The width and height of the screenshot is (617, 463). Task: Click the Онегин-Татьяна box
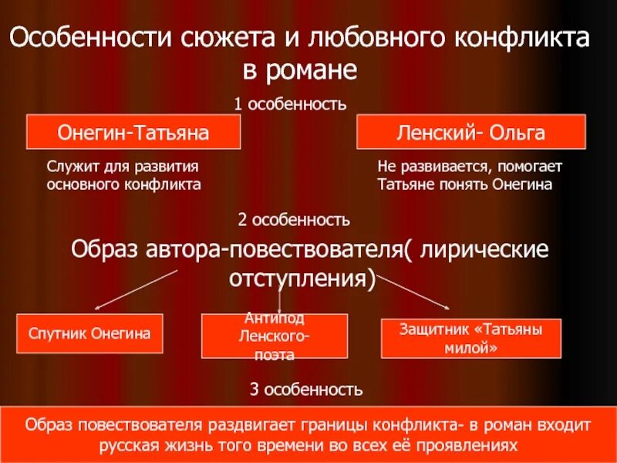click(134, 132)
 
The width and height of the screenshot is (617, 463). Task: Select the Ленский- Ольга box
click(470, 132)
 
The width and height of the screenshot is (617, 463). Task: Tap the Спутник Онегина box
click(89, 333)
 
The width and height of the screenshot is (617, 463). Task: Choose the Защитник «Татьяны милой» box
click(471, 338)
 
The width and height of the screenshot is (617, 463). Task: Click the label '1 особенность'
click(290, 103)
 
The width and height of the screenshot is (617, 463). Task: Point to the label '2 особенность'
click(294, 220)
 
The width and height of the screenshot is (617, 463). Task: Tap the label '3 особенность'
click(306, 387)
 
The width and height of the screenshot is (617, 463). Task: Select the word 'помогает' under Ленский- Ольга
click(531, 167)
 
